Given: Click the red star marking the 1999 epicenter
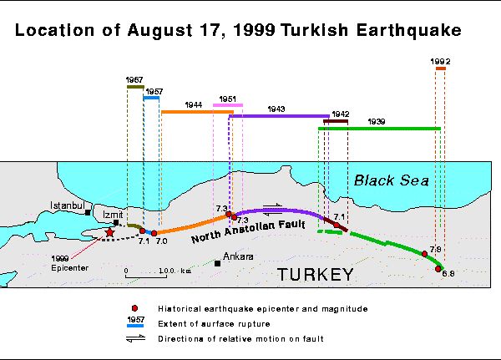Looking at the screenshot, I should (109, 231).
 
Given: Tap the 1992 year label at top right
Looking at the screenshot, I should (441, 61).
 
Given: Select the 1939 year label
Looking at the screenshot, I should (377, 122).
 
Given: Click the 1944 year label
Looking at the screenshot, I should (195, 105).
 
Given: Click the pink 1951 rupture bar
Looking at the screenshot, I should (228, 105).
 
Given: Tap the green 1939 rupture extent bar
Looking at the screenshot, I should (379, 129).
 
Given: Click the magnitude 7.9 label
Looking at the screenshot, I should (435, 250).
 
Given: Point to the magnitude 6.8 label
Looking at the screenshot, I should (447, 274).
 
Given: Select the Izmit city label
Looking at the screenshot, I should (113, 214).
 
